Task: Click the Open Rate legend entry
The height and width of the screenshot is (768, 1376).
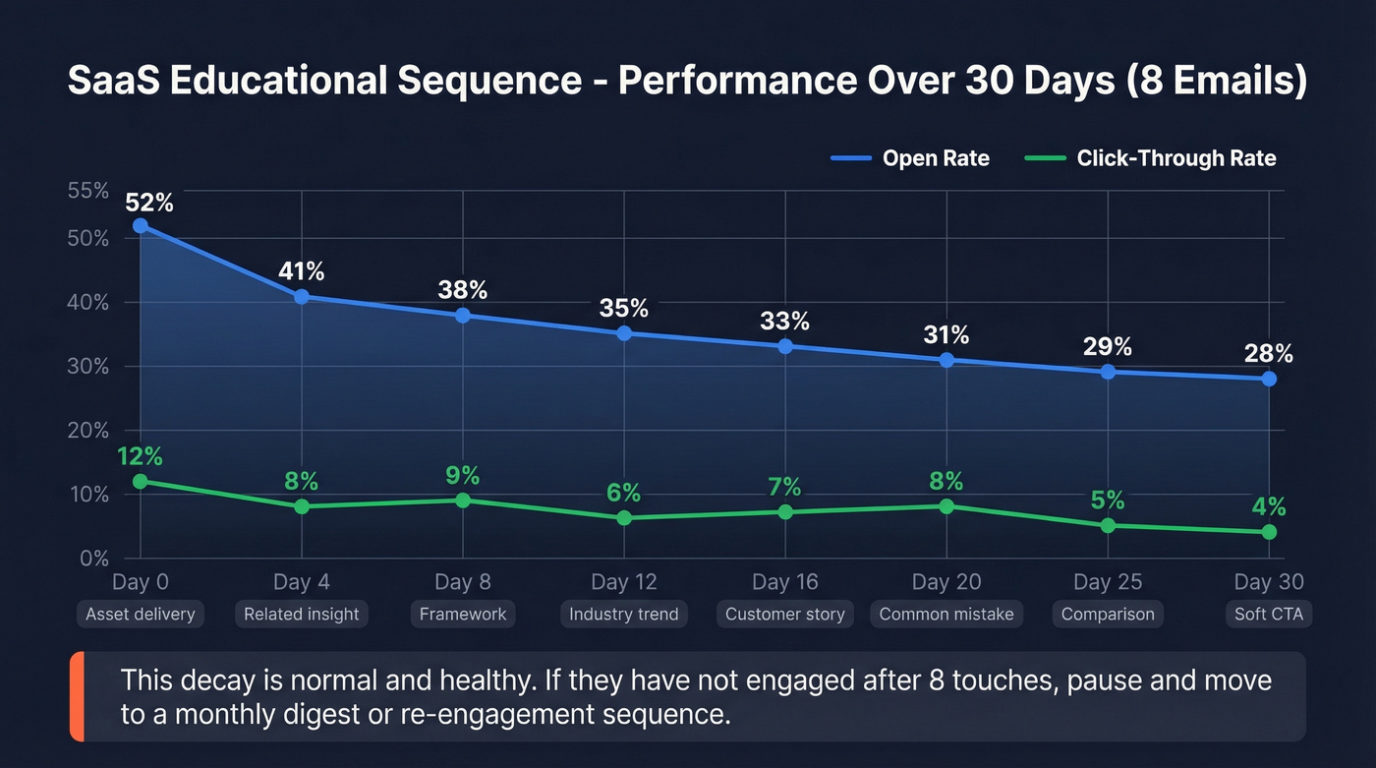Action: pyautogui.click(x=909, y=158)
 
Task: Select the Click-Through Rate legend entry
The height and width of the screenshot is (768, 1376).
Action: pyautogui.click(x=1150, y=158)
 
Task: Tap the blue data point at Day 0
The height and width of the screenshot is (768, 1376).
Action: pyautogui.click(x=141, y=225)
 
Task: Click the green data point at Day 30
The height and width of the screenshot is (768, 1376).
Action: pyautogui.click(x=1269, y=532)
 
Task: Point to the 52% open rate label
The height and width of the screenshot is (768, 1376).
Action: pyautogui.click(x=149, y=203)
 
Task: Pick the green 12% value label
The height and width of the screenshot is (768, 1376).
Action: pyautogui.click(x=140, y=456)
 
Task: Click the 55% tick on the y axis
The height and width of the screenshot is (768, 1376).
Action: pyautogui.click(x=88, y=191)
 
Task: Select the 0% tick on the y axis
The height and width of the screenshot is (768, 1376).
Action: pyautogui.click(x=94, y=559)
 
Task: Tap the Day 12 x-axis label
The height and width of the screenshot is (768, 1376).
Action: pyautogui.click(x=623, y=582)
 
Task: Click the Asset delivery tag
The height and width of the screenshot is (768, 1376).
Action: pyautogui.click(x=141, y=615)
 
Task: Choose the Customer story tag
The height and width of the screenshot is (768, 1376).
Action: pyautogui.click(x=784, y=615)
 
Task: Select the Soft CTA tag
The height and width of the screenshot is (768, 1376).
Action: pyautogui.click(x=1268, y=615)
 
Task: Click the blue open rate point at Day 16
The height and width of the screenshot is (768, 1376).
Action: pyautogui.click(x=785, y=346)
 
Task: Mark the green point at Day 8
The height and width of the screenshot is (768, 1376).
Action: pyautogui.click(x=463, y=501)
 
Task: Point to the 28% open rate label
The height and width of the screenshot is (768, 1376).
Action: pyautogui.click(x=1269, y=353)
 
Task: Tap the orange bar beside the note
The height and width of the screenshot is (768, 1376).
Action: pyautogui.click(x=76, y=696)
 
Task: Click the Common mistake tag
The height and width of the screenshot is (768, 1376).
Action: pyautogui.click(x=946, y=615)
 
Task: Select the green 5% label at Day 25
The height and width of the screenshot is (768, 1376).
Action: pyautogui.click(x=1108, y=501)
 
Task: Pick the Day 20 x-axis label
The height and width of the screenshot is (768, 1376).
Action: pyautogui.click(x=946, y=582)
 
